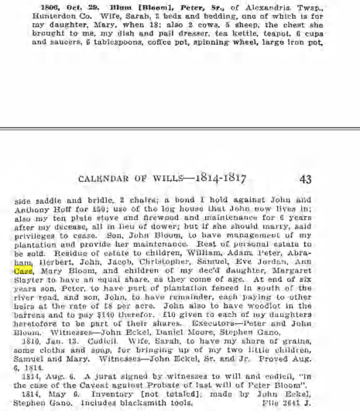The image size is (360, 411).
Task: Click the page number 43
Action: click(305, 179)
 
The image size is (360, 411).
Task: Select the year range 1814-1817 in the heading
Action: click(221, 178)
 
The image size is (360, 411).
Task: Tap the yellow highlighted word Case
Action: click(23, 271)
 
